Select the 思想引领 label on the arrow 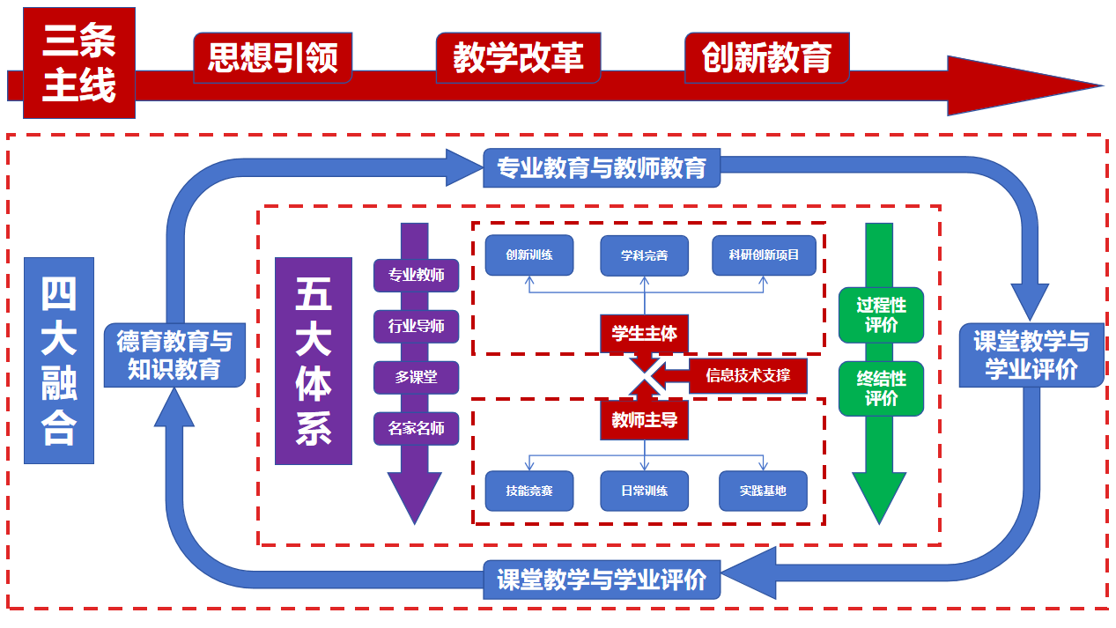[272, 58]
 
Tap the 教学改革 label [517, 58]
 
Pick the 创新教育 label [766, 58]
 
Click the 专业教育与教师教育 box [602, 168]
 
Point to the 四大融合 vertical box [58, 361]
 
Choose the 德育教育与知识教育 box [174, 355]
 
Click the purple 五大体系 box [314, 361]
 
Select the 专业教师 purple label [417, 275]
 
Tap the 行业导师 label [417, 326]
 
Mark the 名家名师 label [417, 429]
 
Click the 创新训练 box [529, 255]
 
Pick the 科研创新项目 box [764, 255]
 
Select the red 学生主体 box [644, 334]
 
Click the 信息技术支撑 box [748, 376]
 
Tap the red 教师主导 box [644, 420]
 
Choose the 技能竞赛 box [529, 491]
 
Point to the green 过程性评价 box [881, 314]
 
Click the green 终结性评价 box [881, 388]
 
